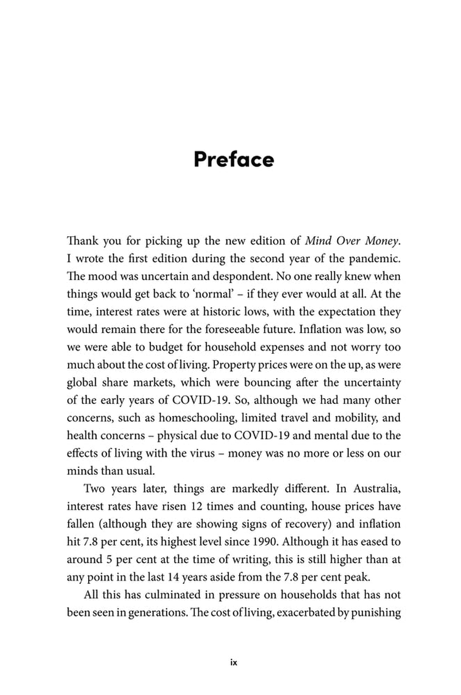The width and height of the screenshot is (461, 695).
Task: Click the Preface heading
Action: pos(233,158)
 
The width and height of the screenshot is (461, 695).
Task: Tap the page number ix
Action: pos(233,662)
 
